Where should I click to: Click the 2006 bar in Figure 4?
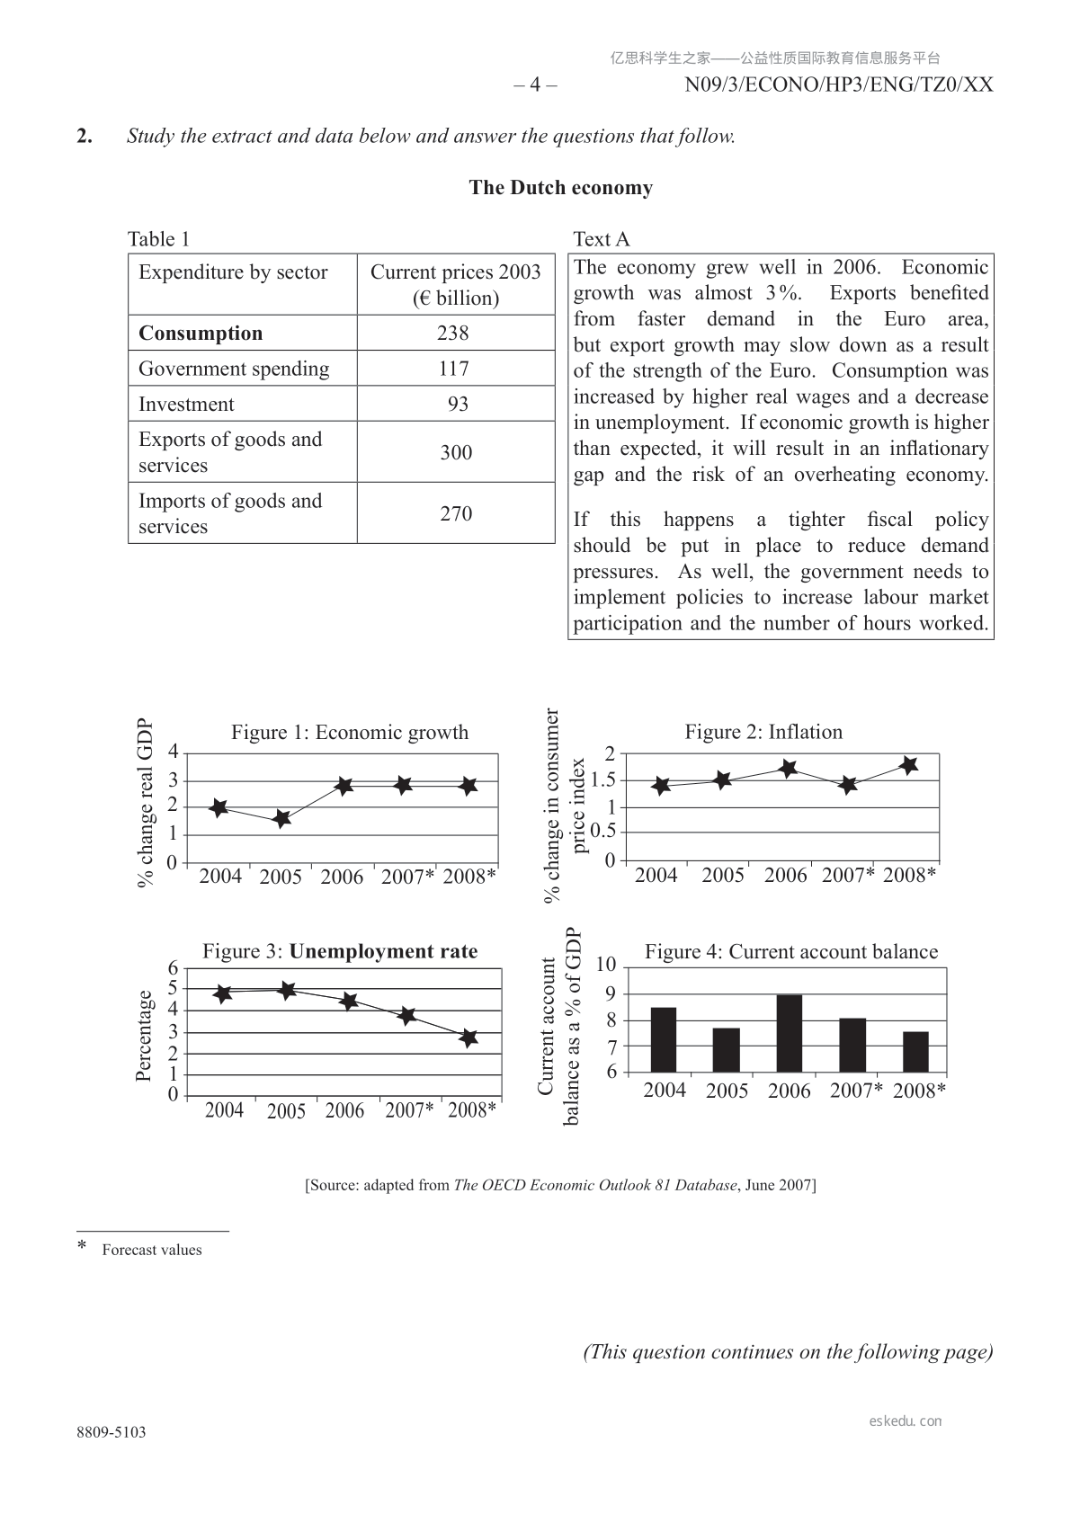(790, 1033)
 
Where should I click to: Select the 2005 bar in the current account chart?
(726, 1049)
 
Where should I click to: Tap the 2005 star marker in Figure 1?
(281, 819)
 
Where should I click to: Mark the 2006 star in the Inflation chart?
(789, 769)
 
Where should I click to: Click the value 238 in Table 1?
(453, 334)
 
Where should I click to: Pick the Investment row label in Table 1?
(186, 405)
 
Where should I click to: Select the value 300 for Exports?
(456, 452)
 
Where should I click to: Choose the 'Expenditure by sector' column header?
(233, 272)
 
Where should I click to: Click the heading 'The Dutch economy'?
(560, 188)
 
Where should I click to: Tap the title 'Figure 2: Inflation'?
(763, 732)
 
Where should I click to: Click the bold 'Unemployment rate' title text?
(383, 951)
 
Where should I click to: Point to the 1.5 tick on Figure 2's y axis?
(602, 780)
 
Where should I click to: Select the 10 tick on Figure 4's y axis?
(606, 965)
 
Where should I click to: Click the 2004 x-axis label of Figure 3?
(224, 1110)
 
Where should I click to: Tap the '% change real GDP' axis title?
(146, 803)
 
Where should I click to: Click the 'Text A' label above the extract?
(602, 239)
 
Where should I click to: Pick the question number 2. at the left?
(85, 137)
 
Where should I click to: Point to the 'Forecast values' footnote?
(152, 1250)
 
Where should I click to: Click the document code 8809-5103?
(111, 1432)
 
